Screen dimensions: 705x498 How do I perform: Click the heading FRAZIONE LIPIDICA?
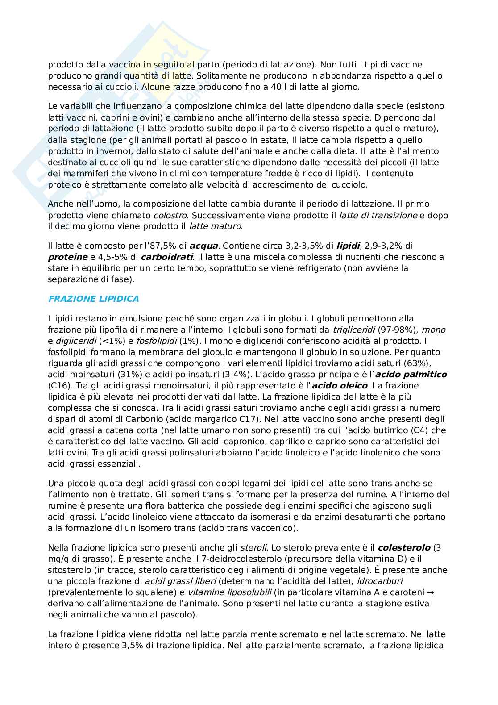[93, 299]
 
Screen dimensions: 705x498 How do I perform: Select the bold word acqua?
[203, 246]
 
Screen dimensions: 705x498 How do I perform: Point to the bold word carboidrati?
[167, 257]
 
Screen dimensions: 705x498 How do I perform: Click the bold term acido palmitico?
[413, 375]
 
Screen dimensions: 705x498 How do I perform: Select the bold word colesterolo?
[404, 548]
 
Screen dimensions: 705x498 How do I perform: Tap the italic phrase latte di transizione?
[378, 216]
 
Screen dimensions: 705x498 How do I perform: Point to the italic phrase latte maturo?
[215, 227]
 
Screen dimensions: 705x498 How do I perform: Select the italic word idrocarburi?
[382, 581]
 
